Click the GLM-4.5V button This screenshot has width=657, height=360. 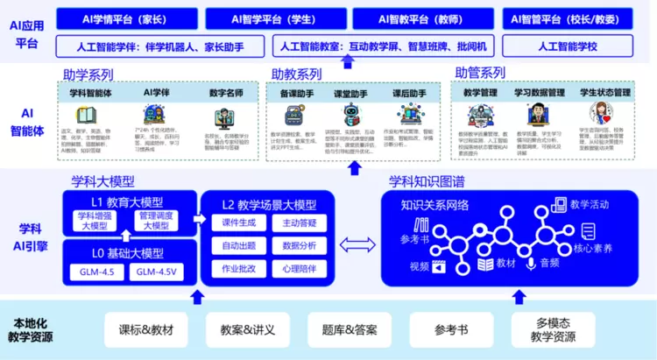(x=158, y=272)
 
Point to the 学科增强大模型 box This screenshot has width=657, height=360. (x=93, y=222)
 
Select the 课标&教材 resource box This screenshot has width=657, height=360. (x=145, y=330)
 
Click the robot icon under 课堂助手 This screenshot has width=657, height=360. (x=352, y=115)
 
